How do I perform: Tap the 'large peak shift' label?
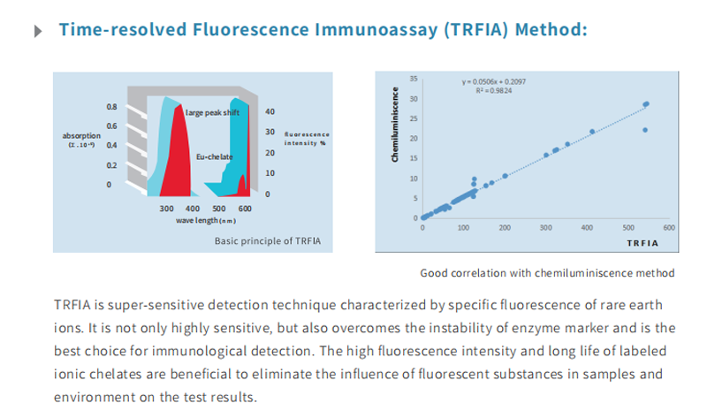212,113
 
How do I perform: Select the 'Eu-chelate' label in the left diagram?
214,157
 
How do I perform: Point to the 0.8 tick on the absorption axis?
111,107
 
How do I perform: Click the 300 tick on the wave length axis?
166,208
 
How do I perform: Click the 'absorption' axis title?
80,134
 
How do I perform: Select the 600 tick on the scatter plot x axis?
668,227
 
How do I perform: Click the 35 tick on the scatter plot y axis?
412,79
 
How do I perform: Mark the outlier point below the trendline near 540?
645,130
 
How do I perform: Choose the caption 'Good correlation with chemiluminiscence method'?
548,272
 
